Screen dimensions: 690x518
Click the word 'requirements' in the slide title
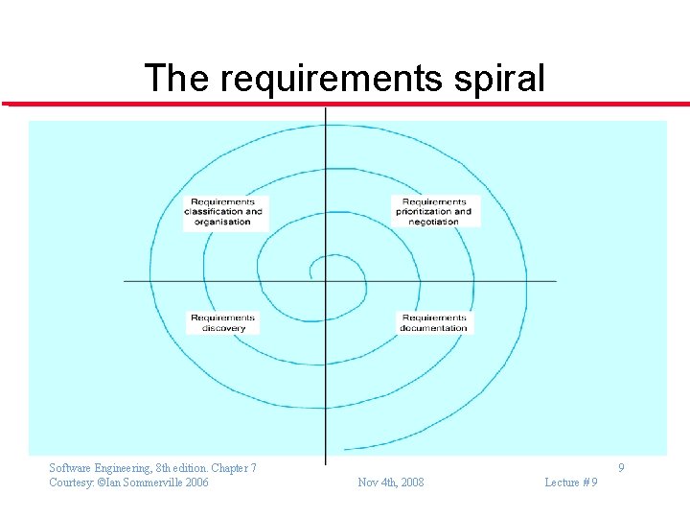[332, 79]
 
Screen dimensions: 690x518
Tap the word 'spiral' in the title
[499, 79]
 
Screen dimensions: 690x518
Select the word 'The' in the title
[177, 79]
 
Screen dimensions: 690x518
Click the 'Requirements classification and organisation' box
[223, 212]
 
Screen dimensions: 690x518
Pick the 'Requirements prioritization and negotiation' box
[434, 212]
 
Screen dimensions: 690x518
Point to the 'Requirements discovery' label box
[223, 323]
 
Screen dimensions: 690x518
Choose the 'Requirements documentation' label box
[434, 323]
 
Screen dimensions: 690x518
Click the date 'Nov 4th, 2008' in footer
[390, 482]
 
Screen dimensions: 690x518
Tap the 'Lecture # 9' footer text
[571, 482]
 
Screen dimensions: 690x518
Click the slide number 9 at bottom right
[622, 468]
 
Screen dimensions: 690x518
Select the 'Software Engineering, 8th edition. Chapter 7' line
[152, 468]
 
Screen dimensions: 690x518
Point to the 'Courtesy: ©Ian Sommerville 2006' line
[128, 482]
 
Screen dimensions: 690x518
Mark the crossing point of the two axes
[326, 281]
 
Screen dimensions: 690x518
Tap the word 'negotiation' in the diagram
[434, 222]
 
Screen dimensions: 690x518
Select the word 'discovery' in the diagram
[223, 328]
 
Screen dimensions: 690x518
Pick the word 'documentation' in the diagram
[434, 328]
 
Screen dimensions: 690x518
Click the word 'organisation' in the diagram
[222, 222]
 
